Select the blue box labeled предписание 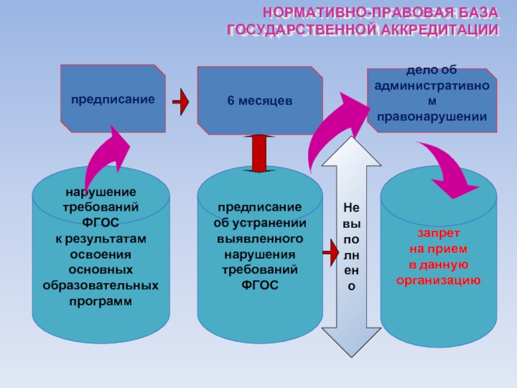pyautogui.click(x=113, y=100)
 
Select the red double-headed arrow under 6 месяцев pyautogui.click(x=259, y=154)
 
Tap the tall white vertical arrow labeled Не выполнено pyautogui.click(x=351, y=246)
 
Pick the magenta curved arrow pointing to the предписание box pyautogui.click(x=103, y=158)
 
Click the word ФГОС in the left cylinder pyautogui.click(x=100, y=222)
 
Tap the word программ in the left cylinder pyautogui.click(x=100, y=301)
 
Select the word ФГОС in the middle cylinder pyautogui.click(x=260, y=285)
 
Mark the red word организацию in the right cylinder pyautogui.click(x=438, y=280)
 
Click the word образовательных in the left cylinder pyautogui.click(x=100, y=285)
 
